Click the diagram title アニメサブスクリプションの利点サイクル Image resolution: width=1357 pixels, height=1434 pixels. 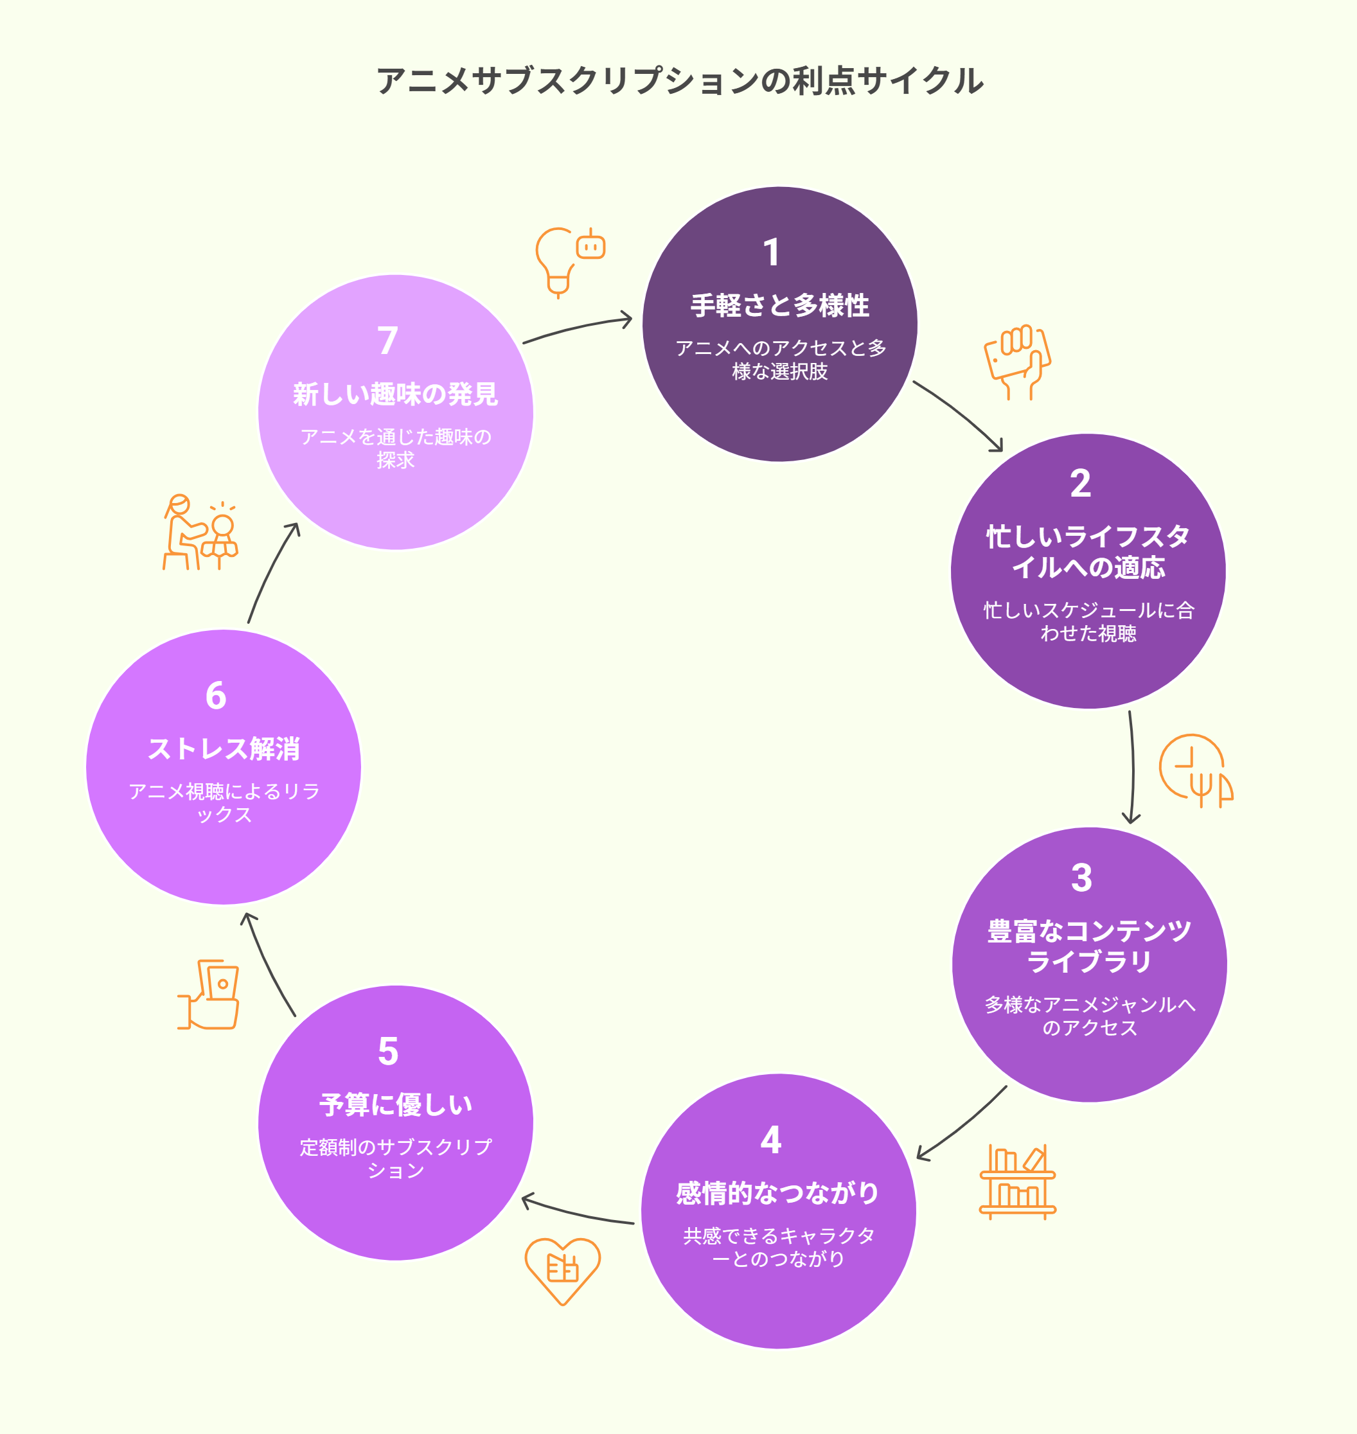point(679,80)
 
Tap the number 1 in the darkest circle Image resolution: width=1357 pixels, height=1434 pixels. point(771,252)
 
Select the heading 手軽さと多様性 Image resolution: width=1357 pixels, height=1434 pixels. point(779,305)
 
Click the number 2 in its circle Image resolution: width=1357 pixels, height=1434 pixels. point(1080,483)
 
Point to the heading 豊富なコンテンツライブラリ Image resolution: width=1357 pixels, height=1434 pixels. point(1088,946)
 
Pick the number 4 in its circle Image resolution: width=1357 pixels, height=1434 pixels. point(770,1140)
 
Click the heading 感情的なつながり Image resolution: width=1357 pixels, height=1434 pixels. point(777,1193)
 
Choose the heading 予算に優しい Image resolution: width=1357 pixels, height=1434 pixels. point(395,1104)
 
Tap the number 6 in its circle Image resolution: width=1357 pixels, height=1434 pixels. point(215,696)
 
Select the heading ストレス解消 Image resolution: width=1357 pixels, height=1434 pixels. point(224,748)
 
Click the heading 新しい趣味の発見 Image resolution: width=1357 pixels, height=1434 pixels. point(395,394)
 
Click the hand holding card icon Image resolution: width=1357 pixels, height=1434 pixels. point(1017,362)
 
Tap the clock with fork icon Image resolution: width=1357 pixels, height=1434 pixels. point(1196,771)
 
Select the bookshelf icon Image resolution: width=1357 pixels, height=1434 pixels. point(1018,1182)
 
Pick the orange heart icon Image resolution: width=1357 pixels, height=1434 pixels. point(562,1271)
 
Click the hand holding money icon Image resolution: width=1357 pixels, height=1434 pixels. point(208,995)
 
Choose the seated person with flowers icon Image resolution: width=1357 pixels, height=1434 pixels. point(200,532)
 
